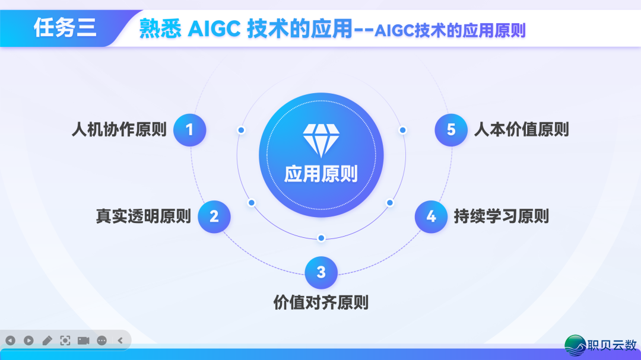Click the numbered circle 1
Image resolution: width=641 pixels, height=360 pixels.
190,129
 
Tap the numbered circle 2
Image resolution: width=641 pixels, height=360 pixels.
214,216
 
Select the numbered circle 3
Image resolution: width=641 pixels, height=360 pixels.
321,272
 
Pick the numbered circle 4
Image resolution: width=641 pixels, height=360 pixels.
431,216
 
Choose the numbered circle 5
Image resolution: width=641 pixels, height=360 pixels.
451,129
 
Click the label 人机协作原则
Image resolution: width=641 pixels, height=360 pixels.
119,129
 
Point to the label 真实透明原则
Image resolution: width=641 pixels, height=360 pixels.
144,216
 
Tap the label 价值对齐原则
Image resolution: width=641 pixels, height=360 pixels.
321,302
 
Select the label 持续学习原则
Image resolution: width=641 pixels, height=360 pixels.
502,216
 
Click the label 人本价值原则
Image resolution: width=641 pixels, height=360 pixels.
522,129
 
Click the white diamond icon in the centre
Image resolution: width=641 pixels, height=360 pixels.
321,140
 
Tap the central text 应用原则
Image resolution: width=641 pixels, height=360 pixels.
321,174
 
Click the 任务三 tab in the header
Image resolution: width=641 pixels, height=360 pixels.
65,27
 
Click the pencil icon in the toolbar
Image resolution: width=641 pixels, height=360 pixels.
47,340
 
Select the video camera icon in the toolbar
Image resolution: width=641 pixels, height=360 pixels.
83,340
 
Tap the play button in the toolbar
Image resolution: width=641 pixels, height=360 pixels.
28,340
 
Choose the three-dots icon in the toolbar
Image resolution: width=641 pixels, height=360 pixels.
101,340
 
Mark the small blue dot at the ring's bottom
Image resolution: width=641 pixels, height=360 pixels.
321,238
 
